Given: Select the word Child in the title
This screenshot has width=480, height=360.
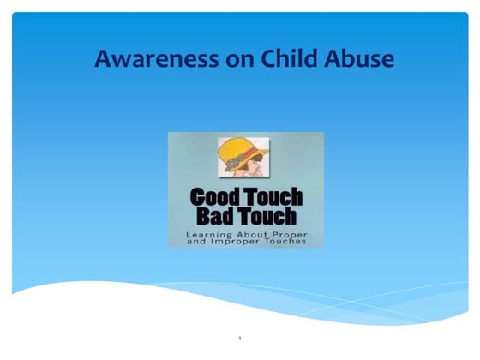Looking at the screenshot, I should coord(266,60).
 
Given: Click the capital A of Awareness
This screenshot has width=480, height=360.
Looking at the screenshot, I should coord(103,60).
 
